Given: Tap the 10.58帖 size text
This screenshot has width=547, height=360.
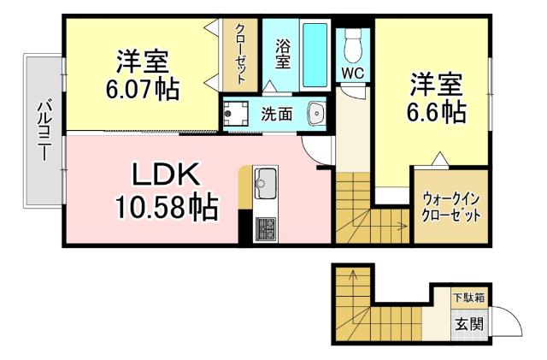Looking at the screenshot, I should (x=166, y=206).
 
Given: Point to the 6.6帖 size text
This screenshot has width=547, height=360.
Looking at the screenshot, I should (x=437, y=112).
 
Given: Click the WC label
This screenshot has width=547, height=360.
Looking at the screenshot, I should (x=352, y=74).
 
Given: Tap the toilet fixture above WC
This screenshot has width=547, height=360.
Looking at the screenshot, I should (x=351, y=43).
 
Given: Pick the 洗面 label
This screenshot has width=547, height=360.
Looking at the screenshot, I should (x=277, y=113).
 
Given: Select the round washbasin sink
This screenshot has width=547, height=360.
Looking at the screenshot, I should (x=317, y=113).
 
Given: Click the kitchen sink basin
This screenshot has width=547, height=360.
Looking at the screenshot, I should (x=264, y=182).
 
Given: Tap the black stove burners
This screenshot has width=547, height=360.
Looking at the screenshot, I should (x=264, y=228).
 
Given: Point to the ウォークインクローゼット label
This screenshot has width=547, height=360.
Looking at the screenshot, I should (x=450, y=205).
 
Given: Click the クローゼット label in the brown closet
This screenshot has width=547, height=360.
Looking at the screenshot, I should (x=242, y=52).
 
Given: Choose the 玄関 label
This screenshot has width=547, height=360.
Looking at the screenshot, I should (x=468, y=324).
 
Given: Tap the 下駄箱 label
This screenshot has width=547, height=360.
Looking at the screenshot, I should (x=468, y=298).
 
